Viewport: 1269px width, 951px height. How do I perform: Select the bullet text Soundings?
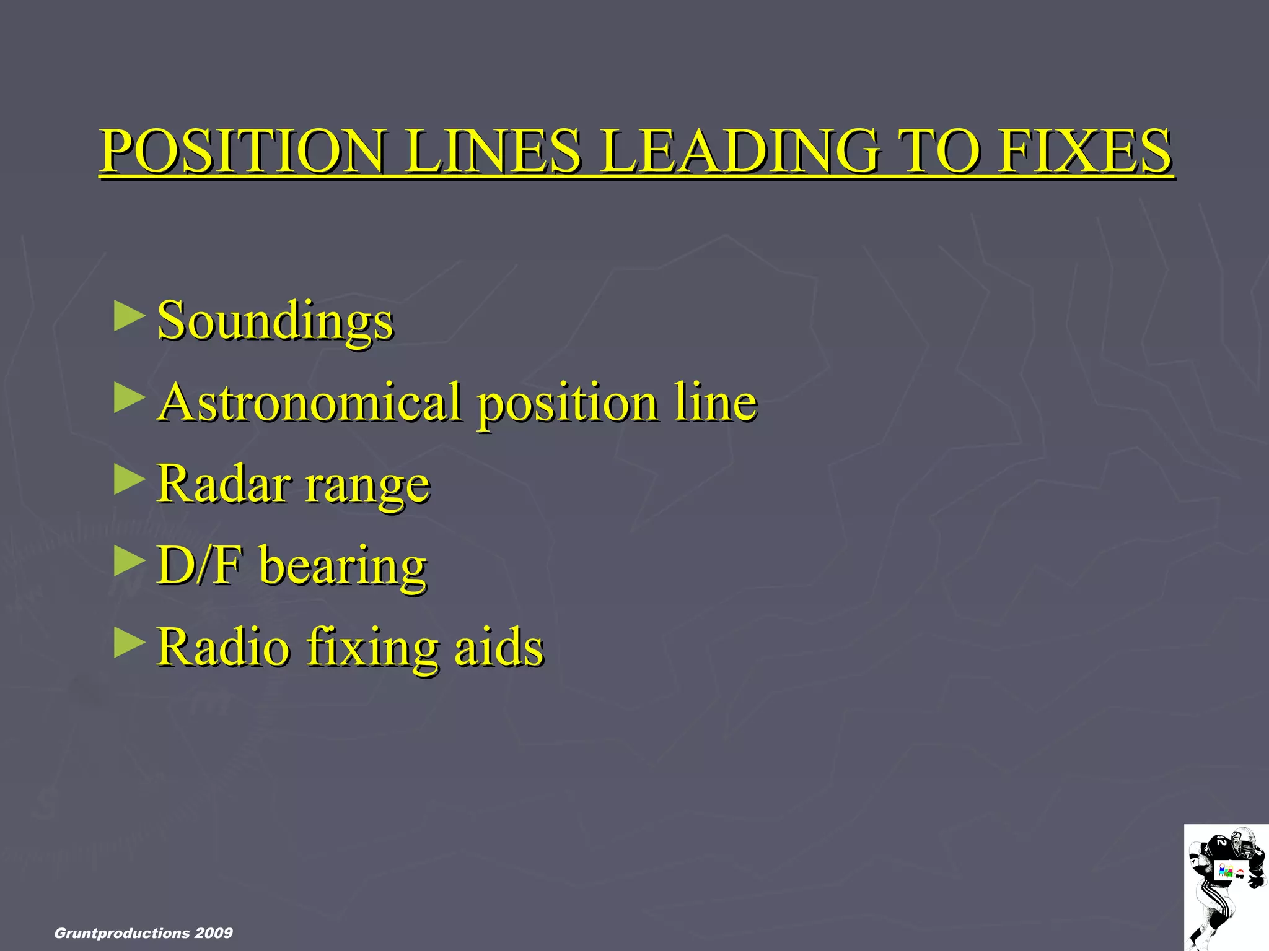(275, 321)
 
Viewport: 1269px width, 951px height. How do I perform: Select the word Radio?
(223, 646)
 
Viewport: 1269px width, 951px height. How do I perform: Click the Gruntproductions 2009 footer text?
(144, 933)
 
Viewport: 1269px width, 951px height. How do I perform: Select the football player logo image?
(1226, 887)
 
